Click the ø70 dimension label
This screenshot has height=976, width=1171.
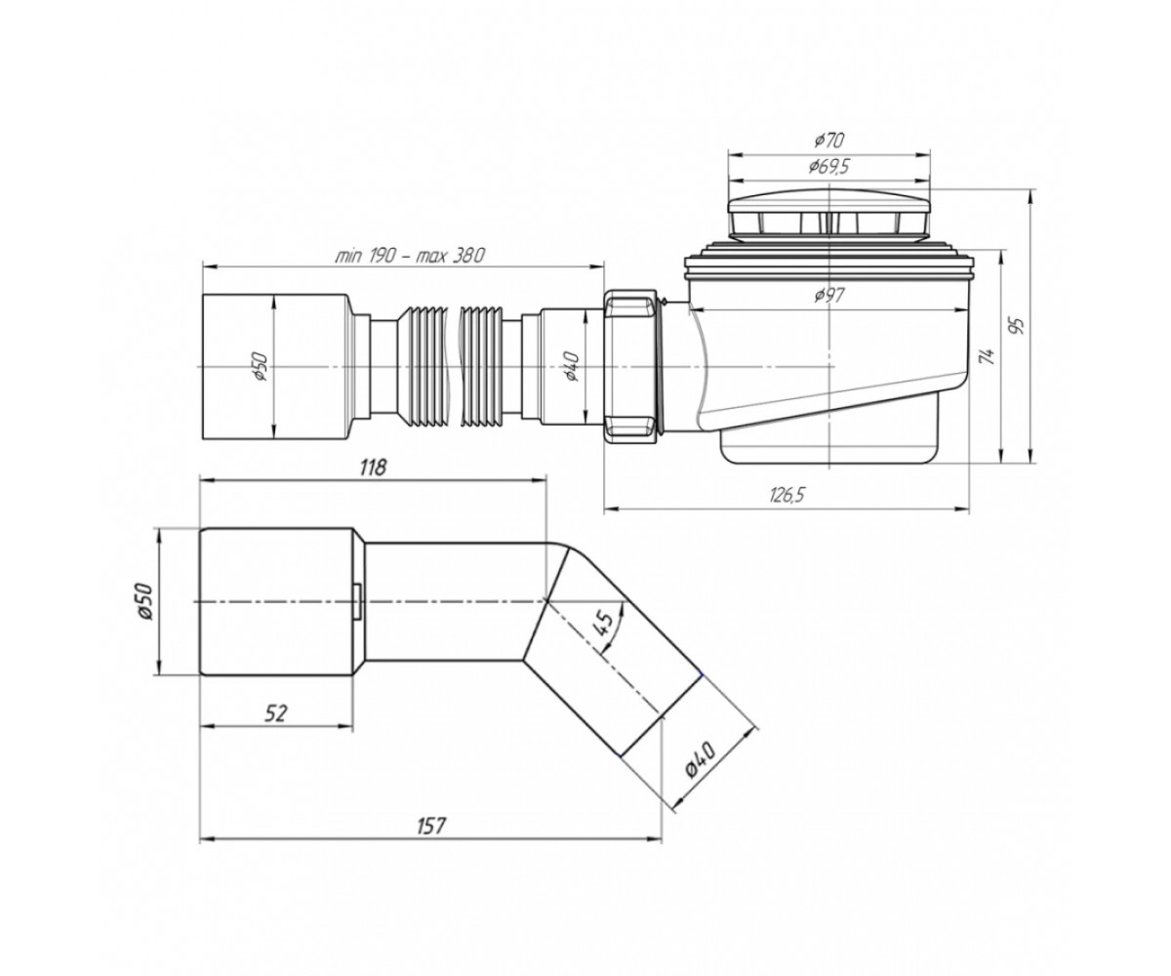click(x=829, y=141)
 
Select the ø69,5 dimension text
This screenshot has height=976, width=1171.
click(x=829, y=167)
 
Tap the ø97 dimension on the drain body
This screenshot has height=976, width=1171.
click(x=829, y=296)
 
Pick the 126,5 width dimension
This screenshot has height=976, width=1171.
click(x=787, y=494)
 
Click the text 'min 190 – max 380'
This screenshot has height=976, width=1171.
click(x=410, y=256)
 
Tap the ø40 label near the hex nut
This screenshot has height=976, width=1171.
click(x=572, y=367)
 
